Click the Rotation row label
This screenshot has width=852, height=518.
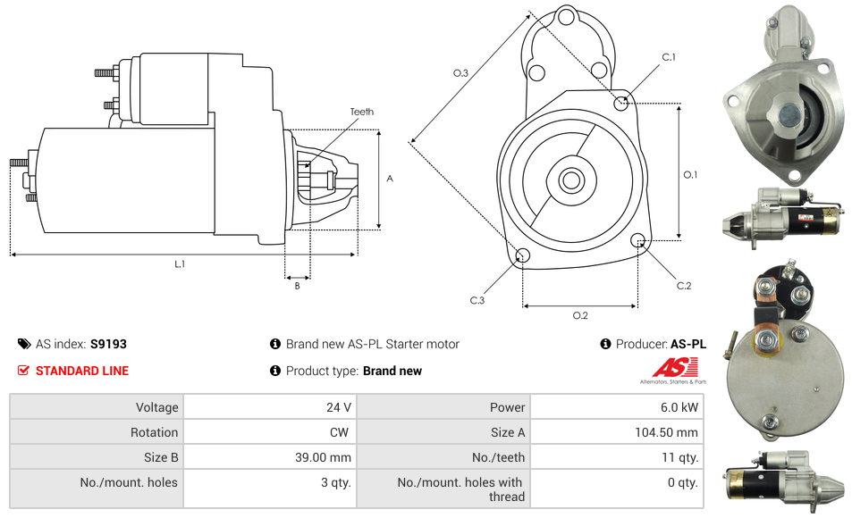pyautogui.click(x=154, y=432)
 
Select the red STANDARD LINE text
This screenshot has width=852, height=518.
pyautogui.click(x=82, y=371)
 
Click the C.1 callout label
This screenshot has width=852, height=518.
pyautogui.click(x=668, y=57)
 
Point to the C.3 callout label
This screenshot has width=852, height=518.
pyautogui.click(x=477, y=301)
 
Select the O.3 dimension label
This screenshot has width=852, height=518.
pyautogui.click(x=461, y=73)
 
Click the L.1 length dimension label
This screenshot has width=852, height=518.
pyautogui.click(x=180, y=263)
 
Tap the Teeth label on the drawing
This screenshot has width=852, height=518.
pyautogui.click(x=362, y=112)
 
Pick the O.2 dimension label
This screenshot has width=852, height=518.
pyautogui.click(x=580, y=315)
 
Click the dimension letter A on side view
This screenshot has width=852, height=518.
pyautogui.click(x=390, y=179)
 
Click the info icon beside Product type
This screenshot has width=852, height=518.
pyautogui.click(x=275, y=371)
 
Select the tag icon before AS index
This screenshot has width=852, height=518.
pyautogui.click(x=23, y=344)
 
